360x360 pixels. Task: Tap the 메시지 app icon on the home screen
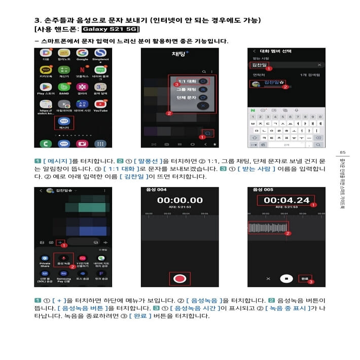click(64, 122)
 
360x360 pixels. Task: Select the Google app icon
click(82, 53)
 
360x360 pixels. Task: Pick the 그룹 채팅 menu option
click(188, 89)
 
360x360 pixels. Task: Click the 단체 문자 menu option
click(188, 97)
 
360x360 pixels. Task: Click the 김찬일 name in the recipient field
click(259, 65)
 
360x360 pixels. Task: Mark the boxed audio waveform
click(268, 228)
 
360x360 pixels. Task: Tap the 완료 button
click(304, 278)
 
